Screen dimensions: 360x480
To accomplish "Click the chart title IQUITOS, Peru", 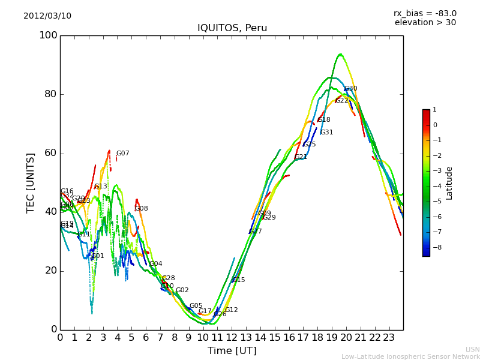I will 232,28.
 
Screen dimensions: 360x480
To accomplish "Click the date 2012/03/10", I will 47,16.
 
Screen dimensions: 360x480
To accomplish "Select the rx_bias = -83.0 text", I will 425,13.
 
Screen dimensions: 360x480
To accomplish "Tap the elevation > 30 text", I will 425,23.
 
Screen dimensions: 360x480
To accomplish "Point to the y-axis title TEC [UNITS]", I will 31,182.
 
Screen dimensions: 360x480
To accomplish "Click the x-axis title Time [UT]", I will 232,350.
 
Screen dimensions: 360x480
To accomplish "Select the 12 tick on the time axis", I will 232,338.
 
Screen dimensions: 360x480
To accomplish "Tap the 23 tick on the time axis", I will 389,338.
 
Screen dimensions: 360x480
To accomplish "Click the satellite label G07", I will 122,154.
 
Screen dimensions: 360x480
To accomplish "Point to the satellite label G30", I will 350,89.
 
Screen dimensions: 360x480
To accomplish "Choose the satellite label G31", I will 326,133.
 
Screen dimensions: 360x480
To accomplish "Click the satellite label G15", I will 238,280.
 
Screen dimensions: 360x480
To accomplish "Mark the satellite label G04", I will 155,264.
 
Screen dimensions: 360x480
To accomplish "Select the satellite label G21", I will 301,157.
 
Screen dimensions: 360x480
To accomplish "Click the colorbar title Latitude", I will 449,183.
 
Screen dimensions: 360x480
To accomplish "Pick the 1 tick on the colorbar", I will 434,110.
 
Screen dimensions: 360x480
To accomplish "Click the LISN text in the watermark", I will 472,349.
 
